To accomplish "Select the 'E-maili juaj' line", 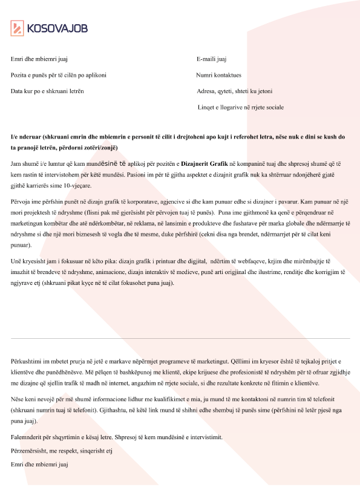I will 212,59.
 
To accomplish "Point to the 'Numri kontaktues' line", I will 218,76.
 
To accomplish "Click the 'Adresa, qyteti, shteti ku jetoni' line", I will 234,91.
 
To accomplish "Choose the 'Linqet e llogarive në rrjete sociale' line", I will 240,107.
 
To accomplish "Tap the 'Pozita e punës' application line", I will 59,76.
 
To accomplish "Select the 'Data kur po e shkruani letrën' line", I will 47,91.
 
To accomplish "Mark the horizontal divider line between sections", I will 180,338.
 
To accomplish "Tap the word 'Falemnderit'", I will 27,437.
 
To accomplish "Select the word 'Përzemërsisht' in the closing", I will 29,451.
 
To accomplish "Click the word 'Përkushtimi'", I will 27,361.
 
